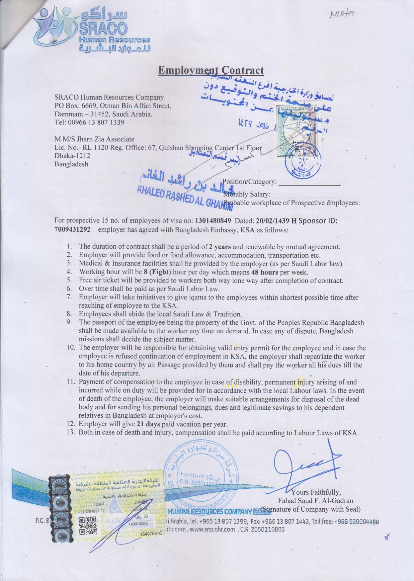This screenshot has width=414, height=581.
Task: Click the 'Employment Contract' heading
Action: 211,70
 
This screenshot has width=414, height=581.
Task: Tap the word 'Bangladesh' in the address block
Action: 71,164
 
